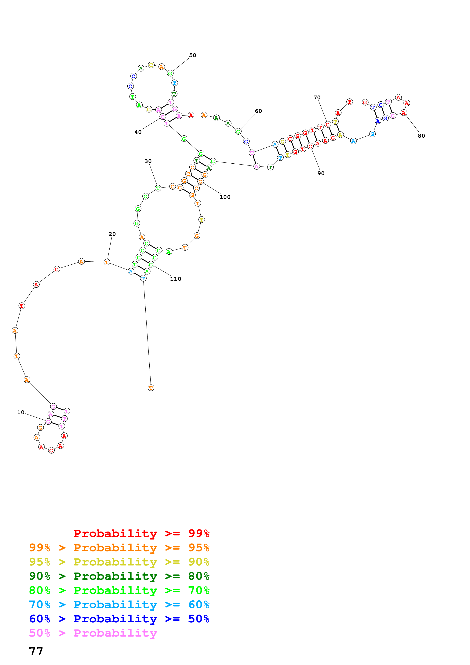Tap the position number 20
pos(112,234)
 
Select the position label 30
pos(148,161)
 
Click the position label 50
pos(193,55)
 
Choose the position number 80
pos(421,136)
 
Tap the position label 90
pos(321,173)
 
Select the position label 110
pos(176,279)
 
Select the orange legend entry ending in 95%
pos(119,548)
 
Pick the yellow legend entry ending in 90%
pos(119,562)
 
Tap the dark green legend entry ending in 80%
pos(119,576)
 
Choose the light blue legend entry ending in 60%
pos(119,605)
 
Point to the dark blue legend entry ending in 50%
pos(119,619)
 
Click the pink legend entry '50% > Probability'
pos(93,633)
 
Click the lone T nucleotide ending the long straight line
pos(151,387)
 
